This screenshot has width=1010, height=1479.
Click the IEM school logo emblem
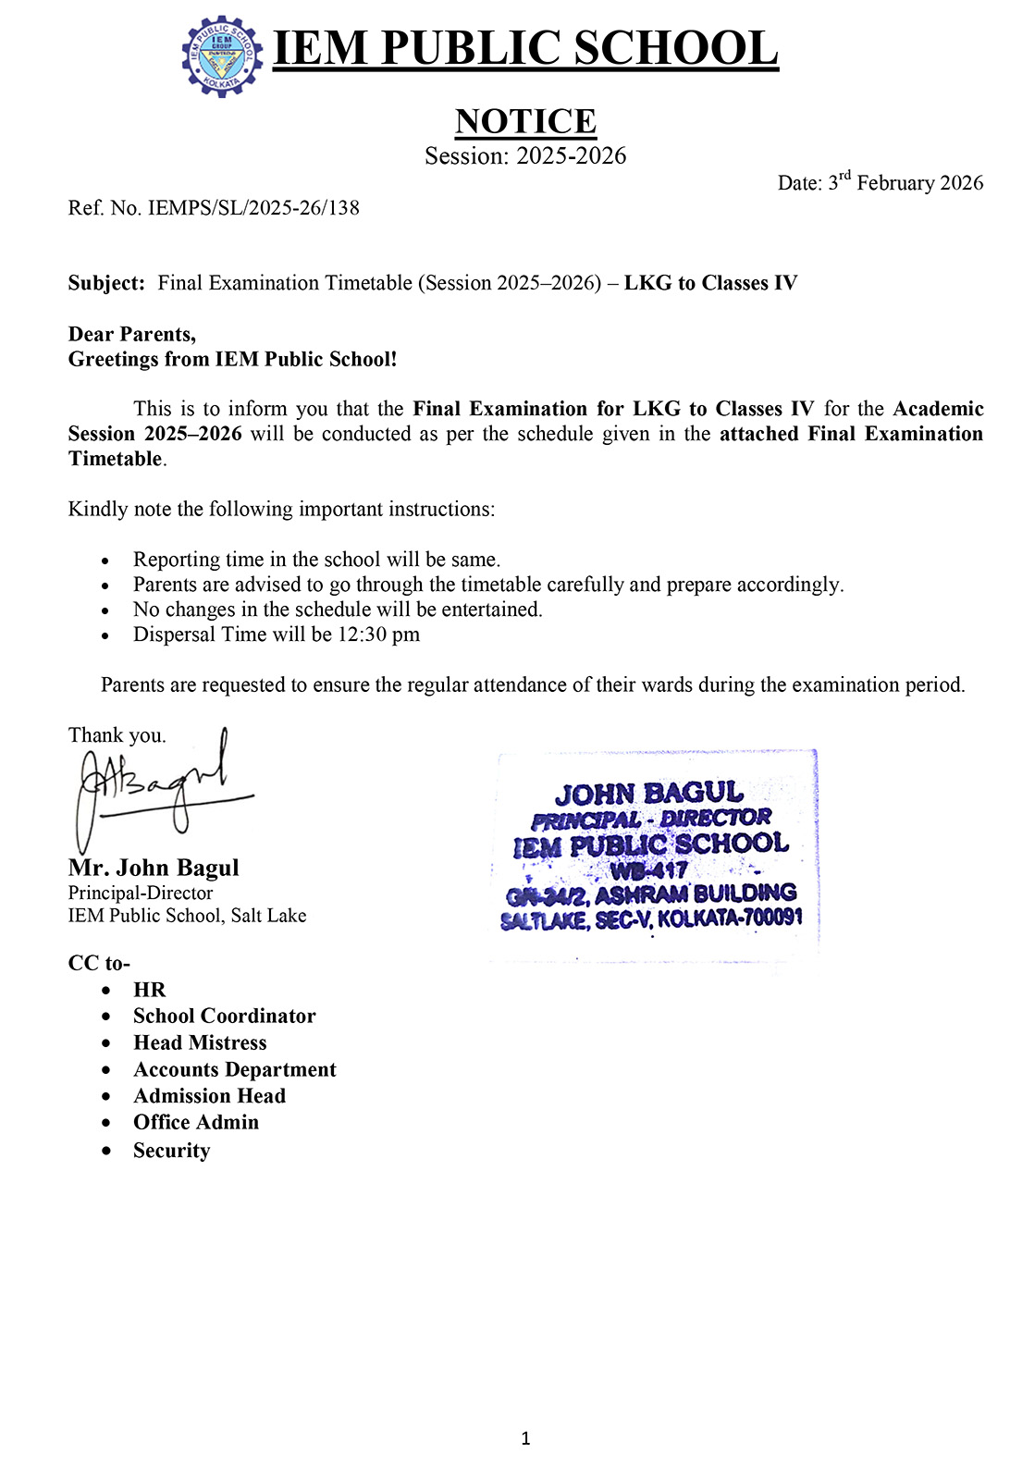click(x=222, y=55)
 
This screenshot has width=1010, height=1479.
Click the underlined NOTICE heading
click(x=525, y=121)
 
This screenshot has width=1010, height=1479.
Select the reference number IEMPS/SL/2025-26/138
click(x=253, y=208)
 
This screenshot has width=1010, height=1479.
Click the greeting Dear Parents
click(x=132, y=334)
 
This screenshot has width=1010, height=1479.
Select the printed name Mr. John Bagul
click(x=154, y=868)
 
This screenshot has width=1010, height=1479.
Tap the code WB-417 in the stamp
click(x=648, y=869)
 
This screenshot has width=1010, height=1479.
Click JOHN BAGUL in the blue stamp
click(x=648, y=794)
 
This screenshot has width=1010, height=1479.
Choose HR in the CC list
click(x=149, y=990)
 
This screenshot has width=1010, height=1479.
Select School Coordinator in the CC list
click(x=225, y=1016)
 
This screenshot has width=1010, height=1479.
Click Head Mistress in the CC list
click(x=200, y=1042)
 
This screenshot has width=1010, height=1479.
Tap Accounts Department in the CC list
click(x=235, y=1069)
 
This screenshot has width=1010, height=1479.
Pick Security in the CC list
click(x=172, y=1150)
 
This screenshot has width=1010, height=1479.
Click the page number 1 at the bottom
click(x=525, y=1437)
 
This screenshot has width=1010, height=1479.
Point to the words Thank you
click(x=117, y=735)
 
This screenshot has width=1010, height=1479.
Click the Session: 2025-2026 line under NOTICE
click(x=525, y=155)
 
